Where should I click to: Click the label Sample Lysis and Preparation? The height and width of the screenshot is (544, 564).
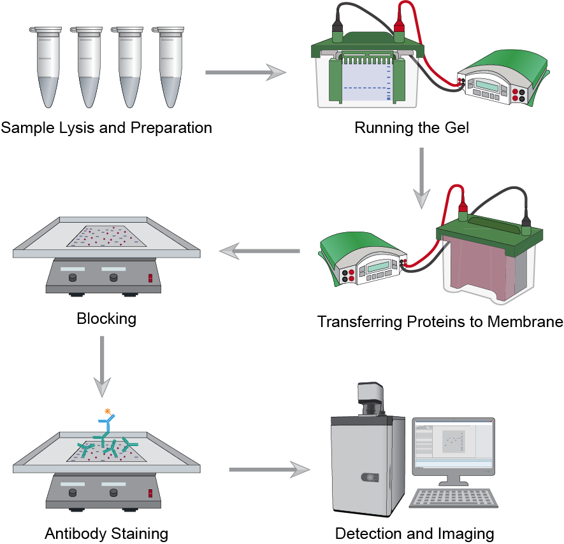[x=106, y=128]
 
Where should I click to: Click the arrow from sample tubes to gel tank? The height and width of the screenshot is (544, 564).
[x=245, y=73]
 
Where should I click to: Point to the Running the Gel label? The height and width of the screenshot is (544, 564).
[x=412, y=128]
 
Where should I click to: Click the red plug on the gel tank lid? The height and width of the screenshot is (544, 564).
[x=400, y=28]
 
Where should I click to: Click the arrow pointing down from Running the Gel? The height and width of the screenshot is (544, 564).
[x=420, y=179]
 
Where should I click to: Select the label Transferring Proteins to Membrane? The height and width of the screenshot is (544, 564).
[x=440, y=322]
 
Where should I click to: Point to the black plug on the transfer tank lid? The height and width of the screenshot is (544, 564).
[x=526, y=223]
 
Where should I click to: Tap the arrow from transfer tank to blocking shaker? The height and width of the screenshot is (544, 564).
[x=259, y=253]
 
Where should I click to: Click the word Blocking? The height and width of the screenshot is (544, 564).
[x=106, y=317]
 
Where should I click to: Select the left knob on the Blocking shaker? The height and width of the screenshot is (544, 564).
[x=73, y=277]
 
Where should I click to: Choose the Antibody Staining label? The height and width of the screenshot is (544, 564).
[x=106, y=533]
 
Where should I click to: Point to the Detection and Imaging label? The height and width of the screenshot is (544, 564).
[x=414, y=533]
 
